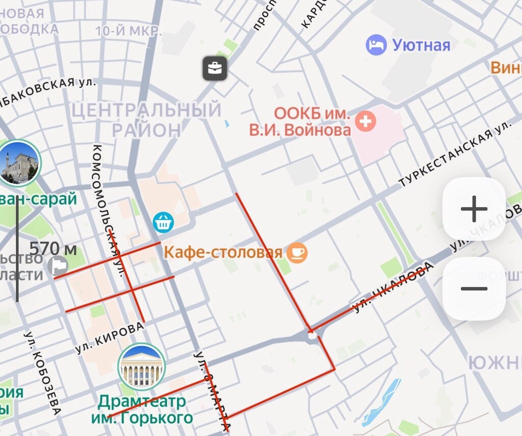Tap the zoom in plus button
tap(474, 209)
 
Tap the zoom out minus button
tap(474, 289)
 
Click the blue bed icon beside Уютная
tap(376, 45)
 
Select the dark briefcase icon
tap(215, 68)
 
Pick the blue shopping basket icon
tap(164, 222)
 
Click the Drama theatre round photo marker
tap(141, 367)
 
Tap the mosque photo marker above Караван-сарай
tap(20, 162)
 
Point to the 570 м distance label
tap(53, 249)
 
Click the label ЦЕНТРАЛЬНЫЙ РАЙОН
tap(146, 119)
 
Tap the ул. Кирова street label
tap(109, 338)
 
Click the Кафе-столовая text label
tap(223, 252)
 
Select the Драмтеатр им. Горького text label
tap(142, 410)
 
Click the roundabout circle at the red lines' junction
tap(312, 334)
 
